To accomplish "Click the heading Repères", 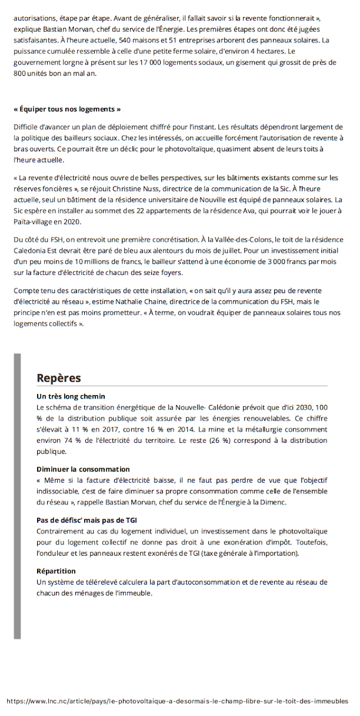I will click(x=59, y=378).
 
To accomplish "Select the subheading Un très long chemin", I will click(x=70, y=396).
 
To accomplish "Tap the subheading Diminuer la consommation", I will click(x=83, y=469).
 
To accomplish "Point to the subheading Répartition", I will click(x=56, y=571).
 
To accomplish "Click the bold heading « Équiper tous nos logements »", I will click(x=67, y=109).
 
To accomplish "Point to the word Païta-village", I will click(x=37, y=222).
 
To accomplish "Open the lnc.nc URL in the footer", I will click(x=177, y=701).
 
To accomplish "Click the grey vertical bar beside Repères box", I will click(x=17, y=496).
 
